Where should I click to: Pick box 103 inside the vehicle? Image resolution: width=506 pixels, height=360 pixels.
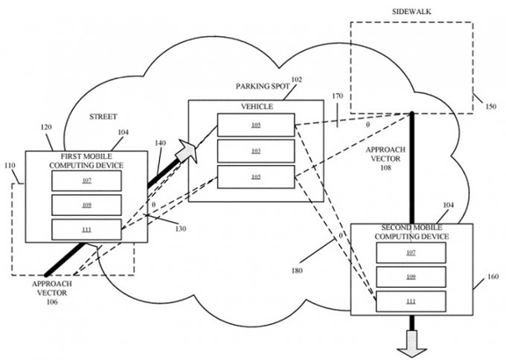[256, 151]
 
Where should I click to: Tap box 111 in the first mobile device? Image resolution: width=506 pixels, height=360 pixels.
[87, 228]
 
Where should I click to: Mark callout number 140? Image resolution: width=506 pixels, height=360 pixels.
[160, 143]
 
